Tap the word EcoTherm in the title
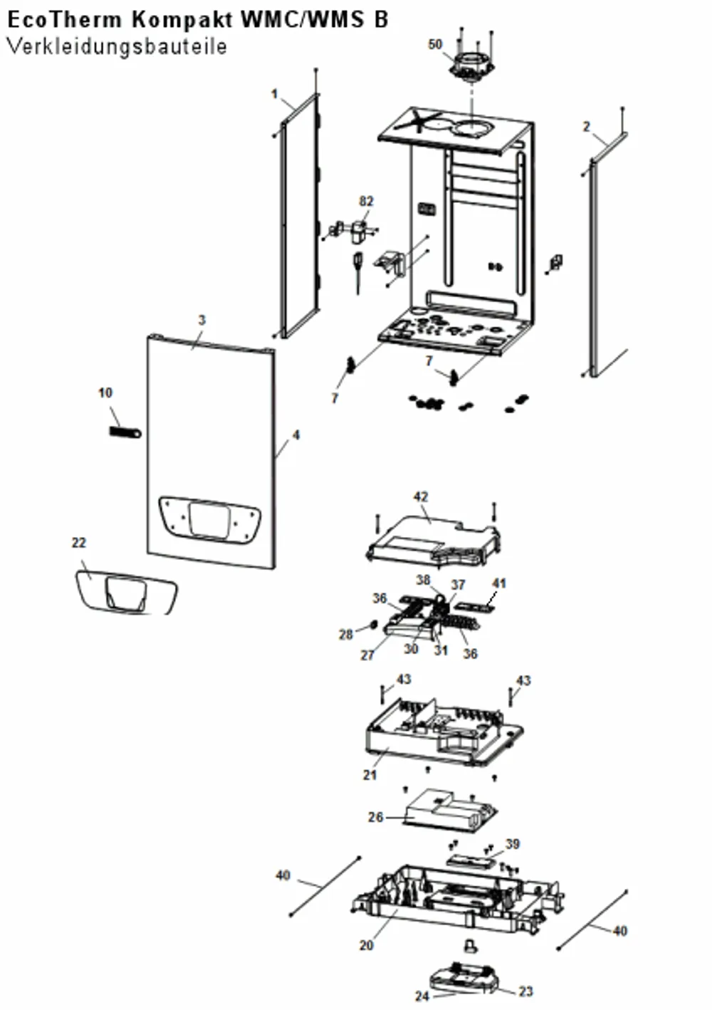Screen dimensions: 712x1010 click(x=65, y=20)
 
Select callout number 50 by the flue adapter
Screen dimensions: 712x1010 click(x=435, y=44)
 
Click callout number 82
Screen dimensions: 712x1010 click(x=367, y=201)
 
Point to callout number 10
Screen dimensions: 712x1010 click(x=105, y=392)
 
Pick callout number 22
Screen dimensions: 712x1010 click(x=79, y=543)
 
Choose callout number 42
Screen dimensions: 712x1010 click(x=421, y=496)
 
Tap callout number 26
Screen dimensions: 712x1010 click(x=376, y=816)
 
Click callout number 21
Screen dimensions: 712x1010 click(x=370, y=775)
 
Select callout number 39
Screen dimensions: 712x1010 click(x=513, y=843)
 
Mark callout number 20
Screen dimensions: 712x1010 click(x=367, y=944)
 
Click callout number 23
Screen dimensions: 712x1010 click(x=525, y=991)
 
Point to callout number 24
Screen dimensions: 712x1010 click(x=422, y=996)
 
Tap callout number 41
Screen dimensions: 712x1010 click(x=499, y=583)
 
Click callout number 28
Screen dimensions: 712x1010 click(x=345, y=635)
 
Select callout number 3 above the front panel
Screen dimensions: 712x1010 click(x=202, y=320)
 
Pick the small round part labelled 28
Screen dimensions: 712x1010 click(x=373, y=625)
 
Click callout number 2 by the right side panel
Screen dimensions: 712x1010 click(x=586, y=127)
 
